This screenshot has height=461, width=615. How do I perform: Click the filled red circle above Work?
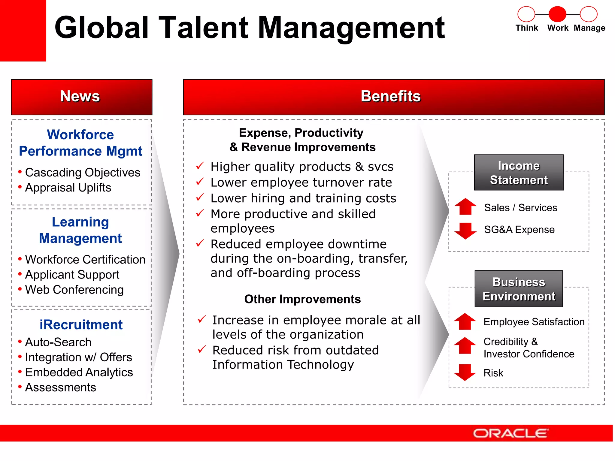pos(557,14)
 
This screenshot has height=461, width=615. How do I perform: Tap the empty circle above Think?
pos(526,14)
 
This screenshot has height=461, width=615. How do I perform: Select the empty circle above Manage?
pos(589,14)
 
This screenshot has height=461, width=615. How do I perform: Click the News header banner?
pos(81,97)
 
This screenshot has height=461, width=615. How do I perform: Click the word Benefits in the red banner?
pos(390,96)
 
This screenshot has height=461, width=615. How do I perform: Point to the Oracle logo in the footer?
pos(510,433)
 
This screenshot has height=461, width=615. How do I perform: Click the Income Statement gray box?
pos(519,173)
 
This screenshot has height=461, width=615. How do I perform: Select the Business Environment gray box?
pos(519,289)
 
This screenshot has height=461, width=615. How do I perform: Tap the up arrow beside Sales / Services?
pos(465,206)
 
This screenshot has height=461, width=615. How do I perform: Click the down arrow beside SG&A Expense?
pos(465,230)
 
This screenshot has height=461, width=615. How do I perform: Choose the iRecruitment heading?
pos(81,325)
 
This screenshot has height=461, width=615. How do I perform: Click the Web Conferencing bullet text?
pos(74,290)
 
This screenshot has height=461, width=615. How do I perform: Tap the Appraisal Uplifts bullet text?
pos(68,188)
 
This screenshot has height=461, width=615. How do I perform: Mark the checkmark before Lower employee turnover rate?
pos(200,182)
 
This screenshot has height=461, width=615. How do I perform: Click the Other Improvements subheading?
pos(302,299)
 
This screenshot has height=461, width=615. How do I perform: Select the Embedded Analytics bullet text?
pos(79,372)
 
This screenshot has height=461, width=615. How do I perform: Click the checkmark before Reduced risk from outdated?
pos(202,349)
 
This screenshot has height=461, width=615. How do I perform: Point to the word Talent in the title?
pos(203,28)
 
